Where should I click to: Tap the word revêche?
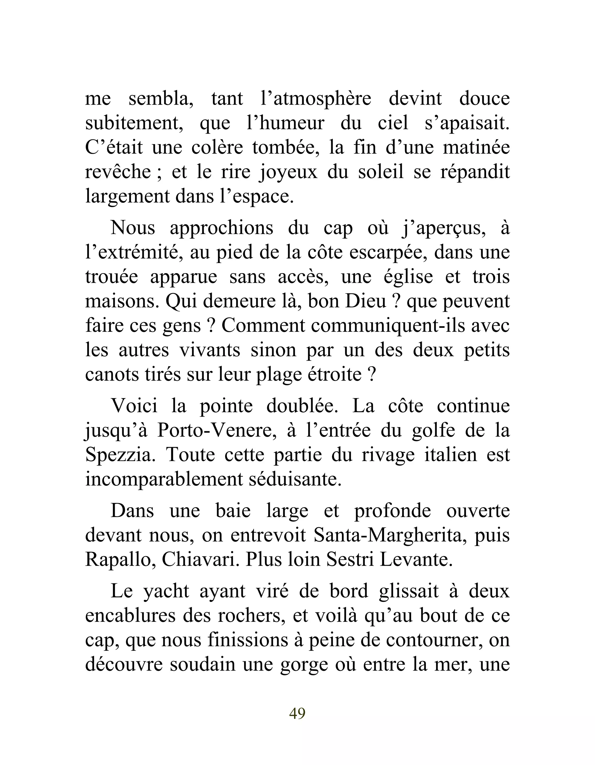point(118,172)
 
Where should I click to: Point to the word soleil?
point(381,172)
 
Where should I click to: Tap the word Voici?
point(134,406)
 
